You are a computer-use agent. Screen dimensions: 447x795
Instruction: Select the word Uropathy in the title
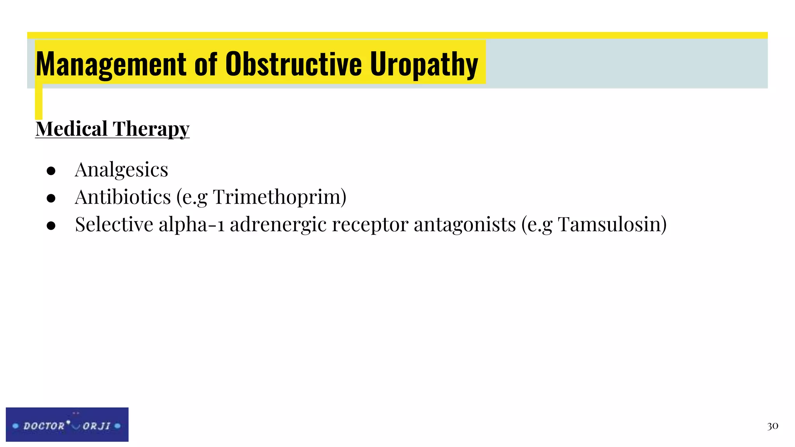click(424, 64)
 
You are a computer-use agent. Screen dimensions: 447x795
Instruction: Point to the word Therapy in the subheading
click(151, 129)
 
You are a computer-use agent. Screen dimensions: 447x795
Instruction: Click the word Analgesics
click(122, 170)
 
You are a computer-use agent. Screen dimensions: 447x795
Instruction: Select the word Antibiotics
click(123, 197)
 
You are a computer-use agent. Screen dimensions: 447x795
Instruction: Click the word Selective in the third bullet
click(114, 224)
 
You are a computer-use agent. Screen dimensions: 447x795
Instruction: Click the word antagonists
click(465, 224)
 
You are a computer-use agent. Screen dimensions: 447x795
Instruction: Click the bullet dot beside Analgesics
click(51, 171)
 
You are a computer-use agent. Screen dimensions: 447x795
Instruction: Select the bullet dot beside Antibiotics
click(51, 198)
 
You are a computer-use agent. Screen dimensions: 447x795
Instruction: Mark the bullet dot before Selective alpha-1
click(51, 225)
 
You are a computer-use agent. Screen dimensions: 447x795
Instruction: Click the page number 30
click(772, 426)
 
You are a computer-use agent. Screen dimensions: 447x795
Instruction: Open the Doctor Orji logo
click(67, 424)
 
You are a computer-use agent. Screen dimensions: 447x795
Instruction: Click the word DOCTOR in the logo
click(43, 426)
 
